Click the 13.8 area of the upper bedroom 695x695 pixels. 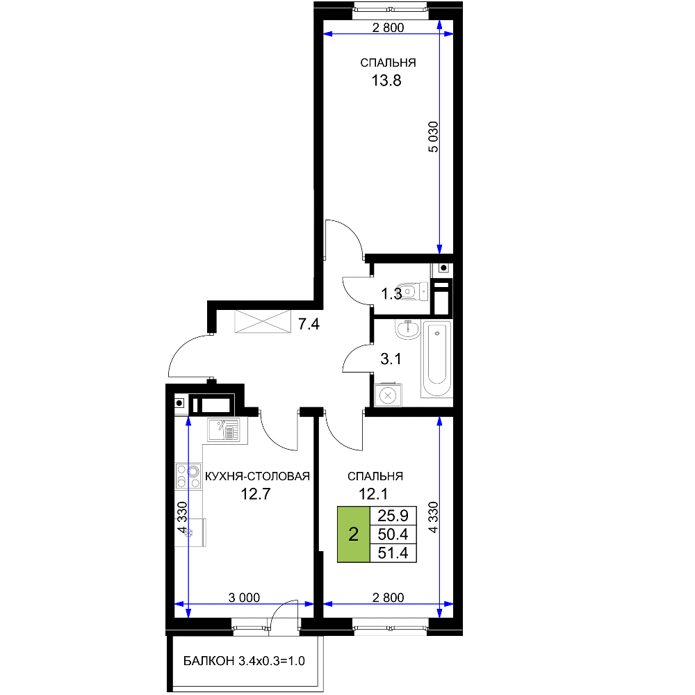386,81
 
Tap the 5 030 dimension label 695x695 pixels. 433,137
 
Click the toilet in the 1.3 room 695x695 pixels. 413,292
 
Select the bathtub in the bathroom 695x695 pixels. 437,358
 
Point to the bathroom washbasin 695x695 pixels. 407,329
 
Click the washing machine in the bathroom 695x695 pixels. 389,395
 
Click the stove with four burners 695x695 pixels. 188,476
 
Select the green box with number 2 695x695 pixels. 353,534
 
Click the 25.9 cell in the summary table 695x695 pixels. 393,516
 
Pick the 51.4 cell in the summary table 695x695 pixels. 393,553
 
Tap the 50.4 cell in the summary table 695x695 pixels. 393,534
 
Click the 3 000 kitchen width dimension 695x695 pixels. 244,598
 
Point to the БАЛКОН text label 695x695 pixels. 208,661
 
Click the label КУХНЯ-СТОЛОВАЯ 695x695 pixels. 257,477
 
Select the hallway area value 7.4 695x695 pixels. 309,325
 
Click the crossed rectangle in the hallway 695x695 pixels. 263,321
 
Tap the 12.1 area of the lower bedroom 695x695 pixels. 373,493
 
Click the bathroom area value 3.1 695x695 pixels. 391,359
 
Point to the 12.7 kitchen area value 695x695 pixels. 255,493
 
